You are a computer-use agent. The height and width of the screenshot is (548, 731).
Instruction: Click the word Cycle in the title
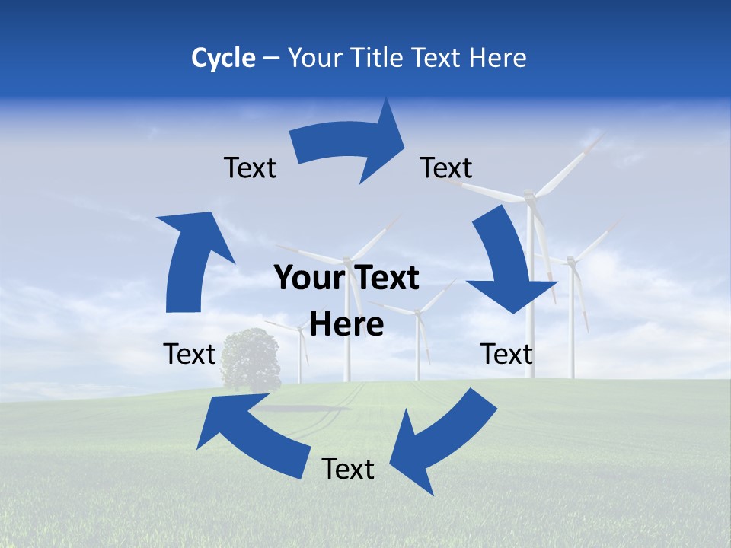(223, 58)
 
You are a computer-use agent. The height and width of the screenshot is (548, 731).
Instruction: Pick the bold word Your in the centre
(308, 278)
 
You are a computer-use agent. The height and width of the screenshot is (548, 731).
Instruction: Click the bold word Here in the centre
(346, 324)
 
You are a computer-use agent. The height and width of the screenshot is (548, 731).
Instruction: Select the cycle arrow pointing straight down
(506, 263)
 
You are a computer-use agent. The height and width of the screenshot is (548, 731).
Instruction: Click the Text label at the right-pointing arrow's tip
(445, 167)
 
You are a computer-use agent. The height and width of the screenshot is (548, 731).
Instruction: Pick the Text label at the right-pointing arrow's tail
(250, 167)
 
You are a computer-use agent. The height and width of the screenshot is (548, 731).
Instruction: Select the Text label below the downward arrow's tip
(506, 354)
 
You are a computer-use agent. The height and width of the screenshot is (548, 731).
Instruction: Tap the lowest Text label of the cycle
(348, 469)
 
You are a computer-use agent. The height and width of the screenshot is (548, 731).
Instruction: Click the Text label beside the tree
(190, 354)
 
